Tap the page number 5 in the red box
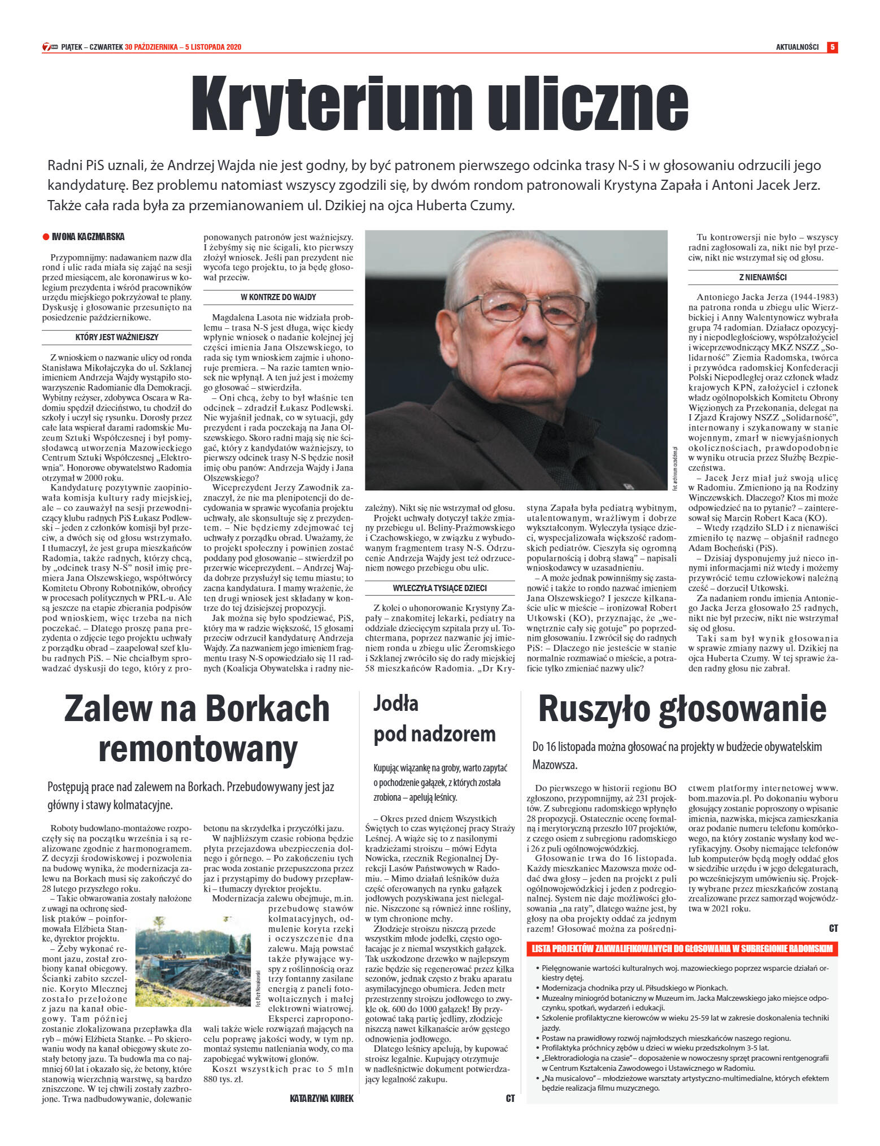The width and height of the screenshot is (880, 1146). (832, 47)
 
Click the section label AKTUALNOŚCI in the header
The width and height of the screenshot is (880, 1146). (797, 47)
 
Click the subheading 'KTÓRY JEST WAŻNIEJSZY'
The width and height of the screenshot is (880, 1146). (117, 337)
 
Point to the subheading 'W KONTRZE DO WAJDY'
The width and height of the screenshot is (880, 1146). (278, 297)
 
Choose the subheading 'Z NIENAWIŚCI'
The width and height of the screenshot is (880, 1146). (763, 277)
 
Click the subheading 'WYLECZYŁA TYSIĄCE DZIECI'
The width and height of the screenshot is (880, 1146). (439, 588)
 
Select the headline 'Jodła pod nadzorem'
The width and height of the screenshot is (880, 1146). (434, 718)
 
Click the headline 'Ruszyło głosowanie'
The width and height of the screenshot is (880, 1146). (682, 709)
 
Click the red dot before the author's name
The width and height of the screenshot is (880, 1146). (46, 237)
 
